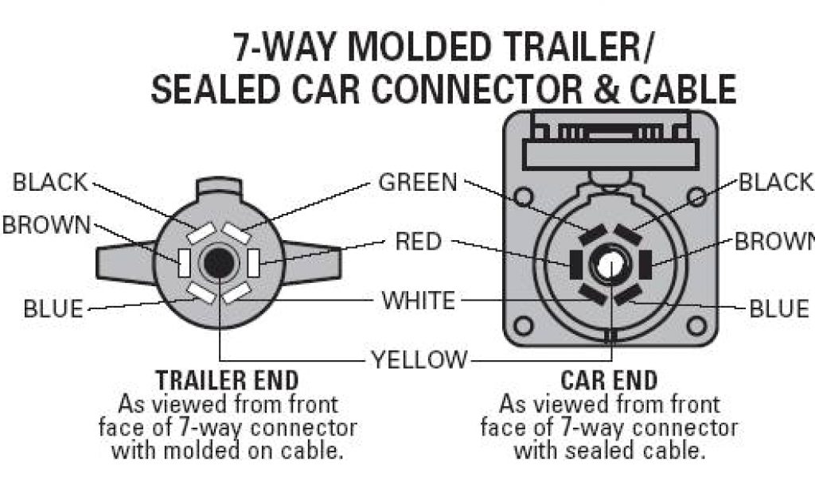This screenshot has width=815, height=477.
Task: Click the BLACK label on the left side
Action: point(49,182)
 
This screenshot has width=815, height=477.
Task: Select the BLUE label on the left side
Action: point(53,308)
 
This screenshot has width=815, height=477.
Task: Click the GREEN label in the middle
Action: point(418,182)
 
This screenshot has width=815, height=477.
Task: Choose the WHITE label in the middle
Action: point(418,301)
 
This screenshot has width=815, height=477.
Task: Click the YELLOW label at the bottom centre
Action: point(420,359)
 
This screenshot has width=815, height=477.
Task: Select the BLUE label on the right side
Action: point(779,308)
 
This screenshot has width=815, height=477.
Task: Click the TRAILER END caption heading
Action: point(228,380)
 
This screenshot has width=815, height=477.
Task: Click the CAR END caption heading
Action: point(610,380)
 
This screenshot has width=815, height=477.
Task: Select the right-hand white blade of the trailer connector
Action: point(253,262)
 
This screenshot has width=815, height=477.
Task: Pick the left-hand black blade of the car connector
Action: point(573,260)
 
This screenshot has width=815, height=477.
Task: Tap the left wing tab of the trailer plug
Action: point(123,262)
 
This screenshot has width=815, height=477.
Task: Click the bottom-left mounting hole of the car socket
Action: point(524,325)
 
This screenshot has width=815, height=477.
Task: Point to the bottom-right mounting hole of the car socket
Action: point(696,325)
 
